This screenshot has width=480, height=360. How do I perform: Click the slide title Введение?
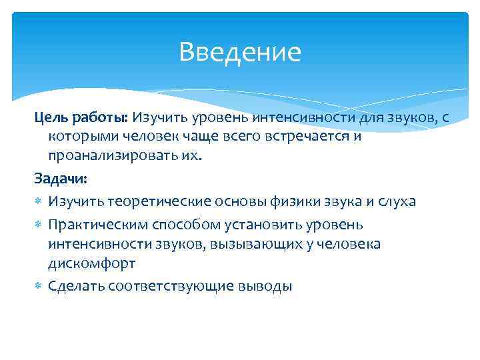(x=240, y=52)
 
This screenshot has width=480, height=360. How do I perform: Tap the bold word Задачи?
(x=61, y=180)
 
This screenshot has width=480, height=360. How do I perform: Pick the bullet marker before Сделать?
(x=38, y=286)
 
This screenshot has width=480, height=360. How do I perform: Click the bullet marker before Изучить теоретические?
(x=38, y=201)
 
